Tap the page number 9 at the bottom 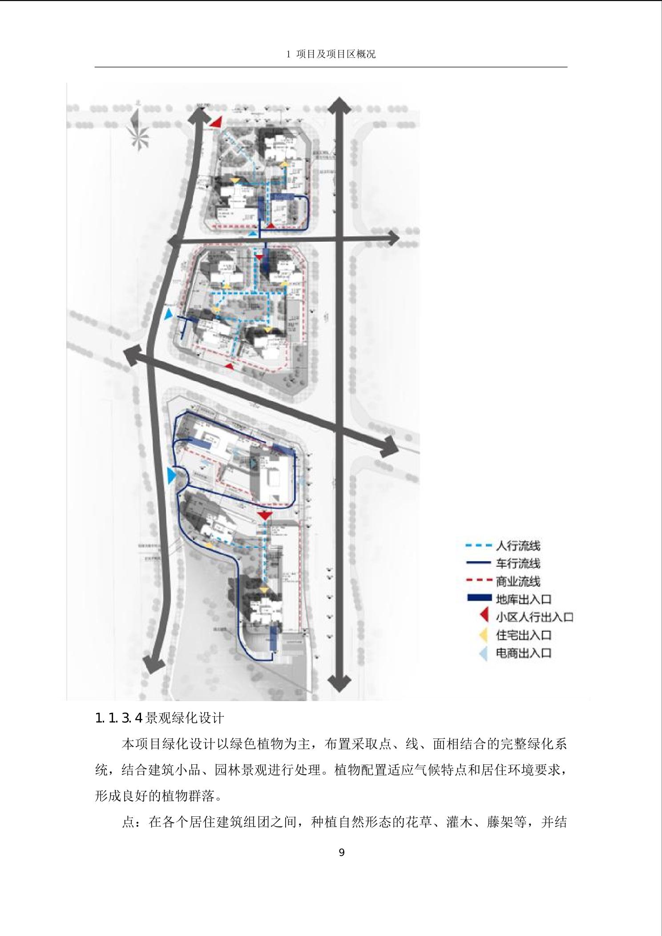pyautogui.click(x=342, y=852)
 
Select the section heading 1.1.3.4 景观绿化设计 pyautogui.click(x=160, y=718)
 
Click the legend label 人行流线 pyautogui.click(x=518, y=546)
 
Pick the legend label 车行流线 pyautogui.click(x=518, y=564)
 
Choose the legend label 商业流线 pyautogui.click(x=518, y=581)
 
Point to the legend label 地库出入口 pyautogui.click(x=524, y=599)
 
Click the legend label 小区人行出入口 pyautogui.click(x=534, y=617)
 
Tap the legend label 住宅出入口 pyautogui.click(x=524, y=635)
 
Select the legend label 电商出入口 pyautogui.click(x=524, y=653)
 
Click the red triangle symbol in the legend pyautogui.click(x=485, y=617)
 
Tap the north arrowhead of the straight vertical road pyautogui.click(x=339, y=106)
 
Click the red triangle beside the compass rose pyautogui.click(x=216, y=122)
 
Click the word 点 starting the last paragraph pyautogui.click(x=128, y=822)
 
